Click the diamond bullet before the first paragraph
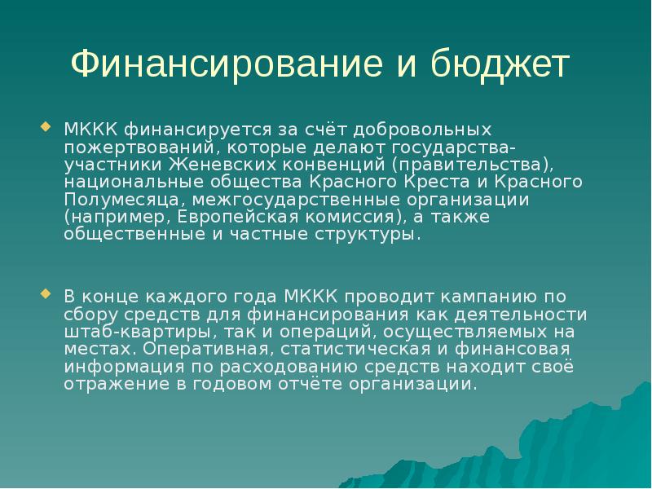(x=45, y=127)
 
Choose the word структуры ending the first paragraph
(x=367, y=234)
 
